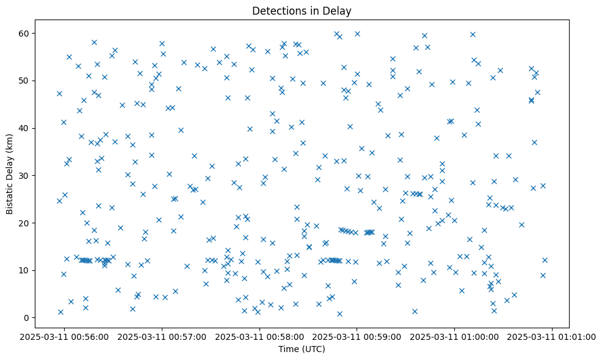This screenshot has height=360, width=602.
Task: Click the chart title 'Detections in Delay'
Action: coord(302,10)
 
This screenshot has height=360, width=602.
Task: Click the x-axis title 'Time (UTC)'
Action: coord(302,349)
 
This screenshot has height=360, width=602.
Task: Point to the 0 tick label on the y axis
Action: coord(27,318)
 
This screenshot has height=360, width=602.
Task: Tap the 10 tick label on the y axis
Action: coord(24,270)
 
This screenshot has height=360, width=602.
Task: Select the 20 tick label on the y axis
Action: coord(24,223)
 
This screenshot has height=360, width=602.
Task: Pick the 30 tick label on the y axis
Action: coord(24,176)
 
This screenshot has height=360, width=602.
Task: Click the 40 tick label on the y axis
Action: coord(24,128)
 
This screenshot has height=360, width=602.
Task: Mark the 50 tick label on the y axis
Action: coord(24,81)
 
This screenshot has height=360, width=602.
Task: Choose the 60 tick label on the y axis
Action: coord(24,33)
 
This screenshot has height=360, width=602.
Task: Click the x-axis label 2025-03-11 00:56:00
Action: coord(65,336)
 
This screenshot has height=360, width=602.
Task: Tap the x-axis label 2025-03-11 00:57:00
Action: coord(162,336)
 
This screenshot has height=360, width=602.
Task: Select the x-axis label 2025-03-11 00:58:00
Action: coord(259,336)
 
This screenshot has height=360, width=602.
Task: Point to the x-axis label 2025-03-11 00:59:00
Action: coord(357,336)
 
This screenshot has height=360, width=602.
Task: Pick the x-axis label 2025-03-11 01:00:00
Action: coord(454,336)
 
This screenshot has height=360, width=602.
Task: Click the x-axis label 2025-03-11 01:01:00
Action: coord(552,336)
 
